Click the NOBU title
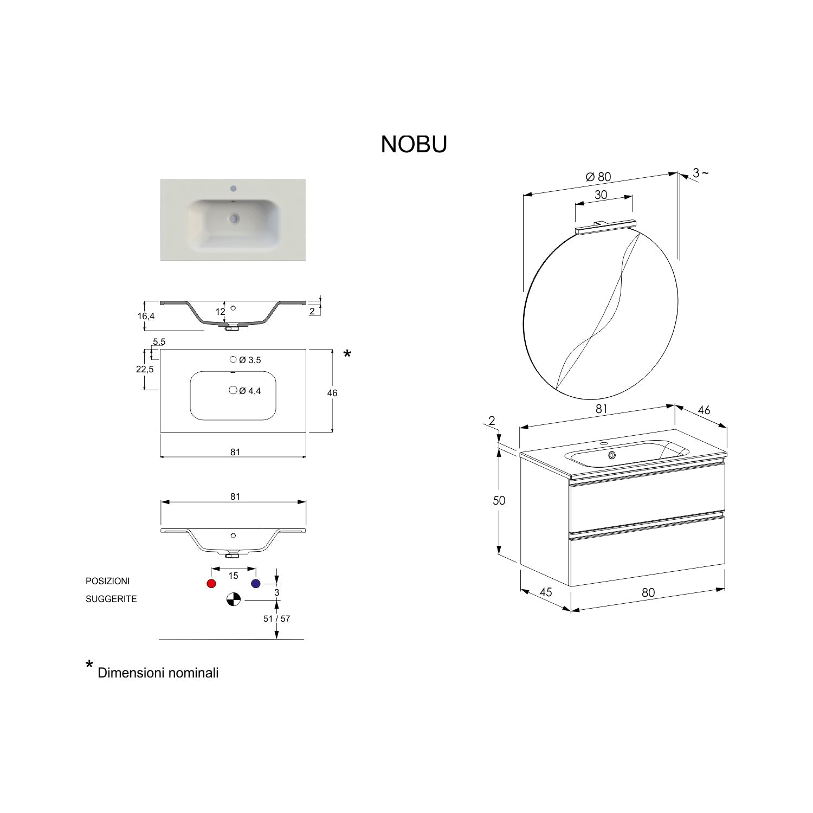coord(414,144)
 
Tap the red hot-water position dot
coord(211,584)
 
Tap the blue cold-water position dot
coord(256,584)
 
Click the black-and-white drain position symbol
coord(233,599)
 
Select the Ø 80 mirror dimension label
coord(598,177)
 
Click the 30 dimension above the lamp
coord(601,195)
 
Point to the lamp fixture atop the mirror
coord(604,227)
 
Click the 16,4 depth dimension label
coord(146,316)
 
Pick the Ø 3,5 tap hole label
coord(250,360)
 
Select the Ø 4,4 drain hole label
coord(250,391)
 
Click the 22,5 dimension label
coord(145,369)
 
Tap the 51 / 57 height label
coord(276,618)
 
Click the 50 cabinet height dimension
coord(499,500)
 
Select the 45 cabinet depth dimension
coord(545,592)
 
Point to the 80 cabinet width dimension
coord(648,592)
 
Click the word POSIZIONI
coord(107,581)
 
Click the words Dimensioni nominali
coord(158,673)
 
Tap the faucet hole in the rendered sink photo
coord(234,189)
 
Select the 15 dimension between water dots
coord(233,576)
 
